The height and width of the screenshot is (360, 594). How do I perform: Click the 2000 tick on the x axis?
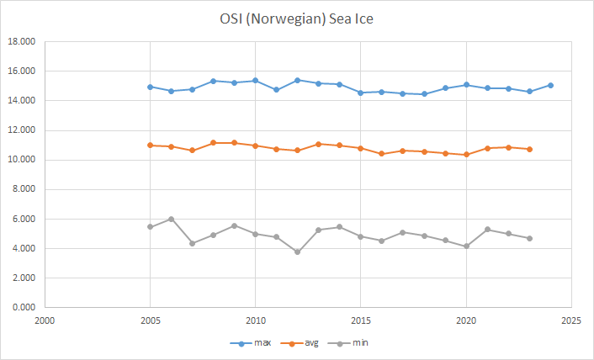click(x=45, y=320)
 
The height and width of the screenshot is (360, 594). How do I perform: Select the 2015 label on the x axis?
click(x=360, y=320)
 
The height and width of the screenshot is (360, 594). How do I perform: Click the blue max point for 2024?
click(x=550, y=85)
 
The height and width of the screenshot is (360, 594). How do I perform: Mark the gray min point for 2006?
click(x=171, y=219)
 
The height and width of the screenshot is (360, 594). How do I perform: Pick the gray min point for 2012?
click(x=297, y=251)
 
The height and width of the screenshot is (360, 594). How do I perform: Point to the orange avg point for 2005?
click(x=150, y=145)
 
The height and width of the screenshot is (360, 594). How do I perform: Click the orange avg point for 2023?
click(x=529, y=149)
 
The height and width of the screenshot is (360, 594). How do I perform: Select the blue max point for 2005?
click(x=150, y=87)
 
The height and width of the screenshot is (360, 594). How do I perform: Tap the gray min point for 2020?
click(x=466, y=246)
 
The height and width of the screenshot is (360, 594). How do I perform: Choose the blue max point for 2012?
click(x=297, y=80)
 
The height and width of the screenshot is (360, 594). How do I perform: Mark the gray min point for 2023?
click(x=529, y=238)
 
